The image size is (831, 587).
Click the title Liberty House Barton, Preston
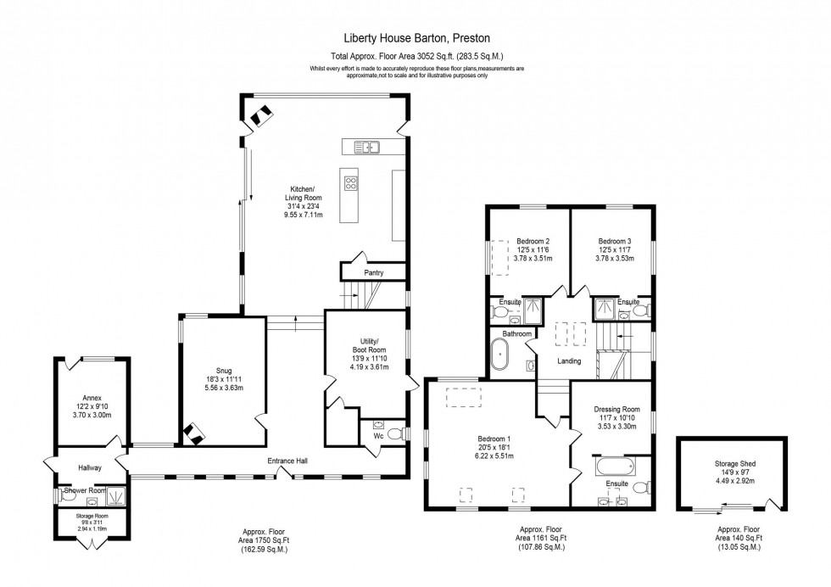click(x=415, y=38)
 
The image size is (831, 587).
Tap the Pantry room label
click(x=373, y=273)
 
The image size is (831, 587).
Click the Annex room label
click(x=92, y=397)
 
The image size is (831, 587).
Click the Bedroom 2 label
click(x=529, y=240)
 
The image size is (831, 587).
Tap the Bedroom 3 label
click(x=613, y=240)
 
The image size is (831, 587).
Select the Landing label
click(x=569, y=361)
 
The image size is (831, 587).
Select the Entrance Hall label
click(x=286, y=461)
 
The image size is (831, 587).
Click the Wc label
click(x=379, y=438)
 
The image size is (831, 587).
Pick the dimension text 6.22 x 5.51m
click(x=498, y=456)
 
